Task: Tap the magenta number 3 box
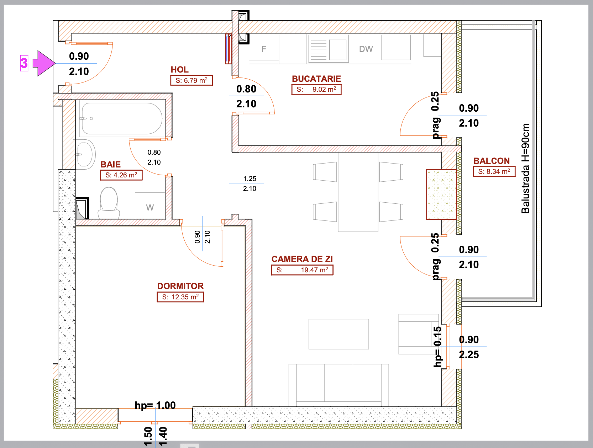(24, 63)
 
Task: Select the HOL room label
(180, 70)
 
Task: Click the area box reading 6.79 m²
(191, 80)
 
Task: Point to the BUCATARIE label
(316, 79)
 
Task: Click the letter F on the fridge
(264, 49)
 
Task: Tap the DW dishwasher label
(366, 49)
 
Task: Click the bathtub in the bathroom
(122, 118)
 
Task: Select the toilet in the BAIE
(109, 203)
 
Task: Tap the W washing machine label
(150, 208)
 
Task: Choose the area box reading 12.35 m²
(180, 297)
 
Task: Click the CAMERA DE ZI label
(302, 259)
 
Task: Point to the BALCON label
(492, 161)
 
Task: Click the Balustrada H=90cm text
(525, 169)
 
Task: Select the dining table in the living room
(358, 192)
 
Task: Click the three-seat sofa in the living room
(339, 385)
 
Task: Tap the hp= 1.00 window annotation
(155, 405)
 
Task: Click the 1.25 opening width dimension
(250, 178)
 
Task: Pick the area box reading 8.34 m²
(494, 172)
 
